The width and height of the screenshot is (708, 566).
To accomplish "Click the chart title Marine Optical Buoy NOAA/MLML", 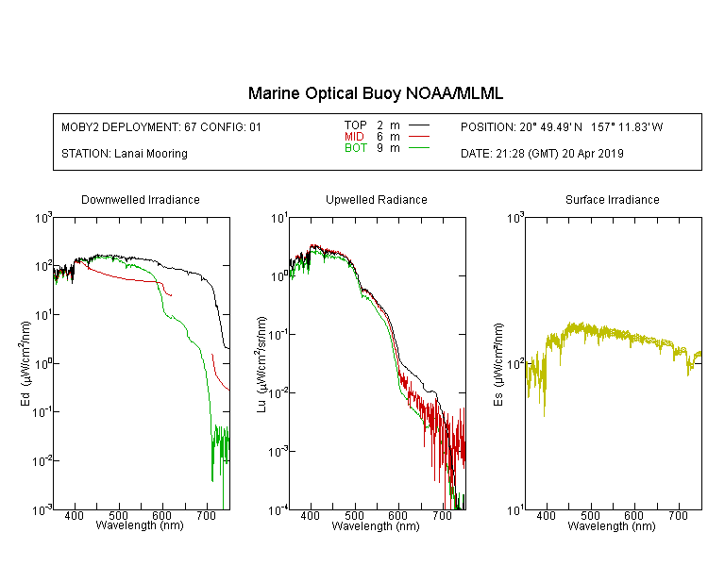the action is click(x=375, y=93).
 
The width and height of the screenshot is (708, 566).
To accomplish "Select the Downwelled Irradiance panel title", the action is click(x=141, y=199).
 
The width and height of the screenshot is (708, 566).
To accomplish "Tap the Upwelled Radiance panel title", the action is click(x=377, y=199).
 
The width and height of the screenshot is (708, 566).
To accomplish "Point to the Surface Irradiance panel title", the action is click(x=613, y=199).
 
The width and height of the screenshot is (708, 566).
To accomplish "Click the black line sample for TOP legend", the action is click(x=419, y=125).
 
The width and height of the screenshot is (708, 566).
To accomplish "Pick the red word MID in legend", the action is click(x=354, y=136).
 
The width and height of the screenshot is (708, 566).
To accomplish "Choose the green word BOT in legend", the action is click(x=356, y=148).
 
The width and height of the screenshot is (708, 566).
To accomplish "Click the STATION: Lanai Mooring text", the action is click(x=125, y=154).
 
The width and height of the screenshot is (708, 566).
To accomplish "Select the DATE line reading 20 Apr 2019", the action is click(x=542, y=154).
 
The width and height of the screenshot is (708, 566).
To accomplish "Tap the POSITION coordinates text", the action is click(x=562, y=126).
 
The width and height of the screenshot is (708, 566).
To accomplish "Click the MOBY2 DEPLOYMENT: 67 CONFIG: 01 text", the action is click(x=161, y=126).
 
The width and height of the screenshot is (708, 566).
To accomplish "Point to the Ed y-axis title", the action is click(x=25, y=363).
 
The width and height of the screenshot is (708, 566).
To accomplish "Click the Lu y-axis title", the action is click(x=261, y=364).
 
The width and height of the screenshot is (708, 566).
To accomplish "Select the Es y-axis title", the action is click(x=497, y=364).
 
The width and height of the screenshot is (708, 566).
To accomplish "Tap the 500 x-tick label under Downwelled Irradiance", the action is click(x=119, y=515).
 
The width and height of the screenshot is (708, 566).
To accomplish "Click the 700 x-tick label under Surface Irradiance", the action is click(x=678, y=515).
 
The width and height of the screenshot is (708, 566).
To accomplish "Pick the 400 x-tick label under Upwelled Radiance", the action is click(x=311, y=515).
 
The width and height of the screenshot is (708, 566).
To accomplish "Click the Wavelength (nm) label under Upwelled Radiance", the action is click(x=376, y=526).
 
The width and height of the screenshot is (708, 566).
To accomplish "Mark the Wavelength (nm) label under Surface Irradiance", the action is click(x=612, y=526).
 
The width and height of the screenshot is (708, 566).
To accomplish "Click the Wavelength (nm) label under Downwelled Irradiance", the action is click(x=140, y=525).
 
